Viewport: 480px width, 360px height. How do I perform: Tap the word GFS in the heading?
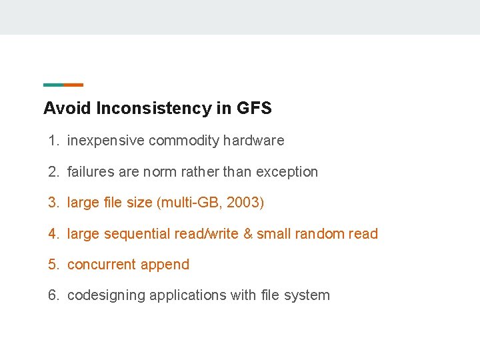[x=253, y=108]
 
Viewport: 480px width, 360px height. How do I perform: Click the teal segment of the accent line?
[x=53, y=85]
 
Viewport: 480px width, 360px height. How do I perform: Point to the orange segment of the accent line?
[x=73, y=85]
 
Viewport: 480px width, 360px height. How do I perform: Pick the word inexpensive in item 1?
[x=105, y=141]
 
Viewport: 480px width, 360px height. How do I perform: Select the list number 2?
[x=53, y=172]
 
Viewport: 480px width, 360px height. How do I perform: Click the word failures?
[x=91, y=172]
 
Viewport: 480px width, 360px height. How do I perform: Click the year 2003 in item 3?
[x=243, y=203]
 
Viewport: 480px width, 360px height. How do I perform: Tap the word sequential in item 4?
[x=137, y=234]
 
